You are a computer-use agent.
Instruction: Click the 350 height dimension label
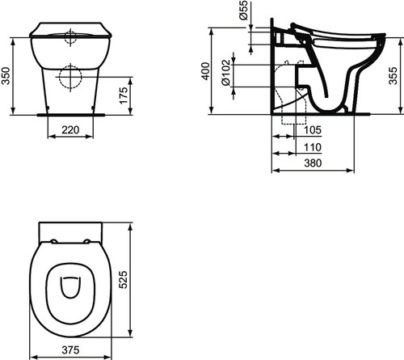point(6,76)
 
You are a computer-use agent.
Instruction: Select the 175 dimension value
point(124,95)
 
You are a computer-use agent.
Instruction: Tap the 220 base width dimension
point(70,130)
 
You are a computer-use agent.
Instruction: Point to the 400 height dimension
point(206,71)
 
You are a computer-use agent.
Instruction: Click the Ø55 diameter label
point(243,10)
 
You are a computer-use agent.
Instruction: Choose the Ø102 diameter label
point(226,73)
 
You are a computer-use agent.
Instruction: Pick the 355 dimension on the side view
point(393,76)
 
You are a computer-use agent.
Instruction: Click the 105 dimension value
point(313,130)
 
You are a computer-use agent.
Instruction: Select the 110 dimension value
point(313,147)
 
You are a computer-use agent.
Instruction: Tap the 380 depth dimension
point(313,163)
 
